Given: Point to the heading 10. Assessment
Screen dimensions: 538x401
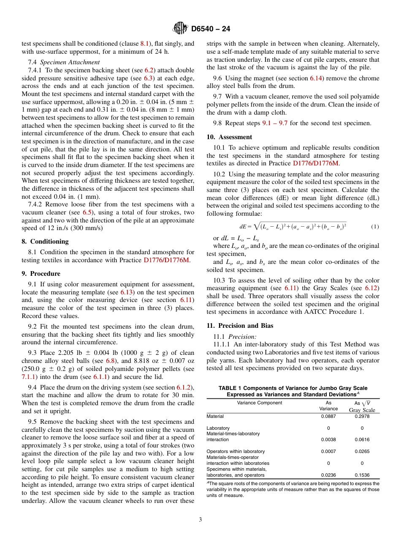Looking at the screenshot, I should click(x=229, y=137).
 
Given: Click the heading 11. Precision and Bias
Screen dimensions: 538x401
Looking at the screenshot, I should click(x=240, y=326).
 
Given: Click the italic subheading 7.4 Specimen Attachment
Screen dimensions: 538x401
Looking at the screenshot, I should click(x=64, y=62).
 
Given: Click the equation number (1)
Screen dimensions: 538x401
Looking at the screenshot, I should click(x=375, y=227).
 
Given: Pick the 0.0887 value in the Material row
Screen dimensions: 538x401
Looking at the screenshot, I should click(x=329, y=416).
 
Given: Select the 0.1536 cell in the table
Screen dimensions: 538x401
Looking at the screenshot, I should click(x=362, y=475).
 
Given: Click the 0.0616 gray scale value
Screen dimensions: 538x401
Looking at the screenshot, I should click(x=362, y=439).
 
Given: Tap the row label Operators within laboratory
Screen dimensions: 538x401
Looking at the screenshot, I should click(x=236, y=451).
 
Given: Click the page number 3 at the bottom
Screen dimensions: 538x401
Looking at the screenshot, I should click(x=200, y=520).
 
